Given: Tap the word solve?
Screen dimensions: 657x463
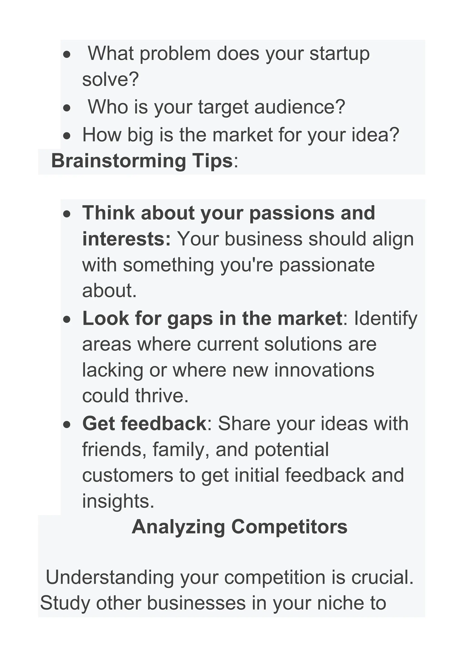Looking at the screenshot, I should (110, 79).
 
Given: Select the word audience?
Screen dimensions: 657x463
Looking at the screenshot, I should (300, 107).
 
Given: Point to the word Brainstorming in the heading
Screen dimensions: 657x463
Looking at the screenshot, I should (118, 161).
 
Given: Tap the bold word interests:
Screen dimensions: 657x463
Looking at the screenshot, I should (126, 239).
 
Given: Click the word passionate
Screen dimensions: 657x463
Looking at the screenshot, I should (327, 265).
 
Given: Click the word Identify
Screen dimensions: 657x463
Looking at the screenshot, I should (385, 319).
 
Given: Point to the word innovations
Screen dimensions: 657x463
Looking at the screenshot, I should (324, 370).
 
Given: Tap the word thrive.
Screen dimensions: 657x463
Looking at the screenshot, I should (162, 396).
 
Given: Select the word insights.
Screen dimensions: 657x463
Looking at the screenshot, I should (118, 501).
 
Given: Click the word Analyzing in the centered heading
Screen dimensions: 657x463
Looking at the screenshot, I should (178, 527).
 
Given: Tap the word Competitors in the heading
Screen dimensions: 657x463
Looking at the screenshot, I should (289, 527).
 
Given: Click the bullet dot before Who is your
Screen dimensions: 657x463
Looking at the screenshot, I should (67, 108).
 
